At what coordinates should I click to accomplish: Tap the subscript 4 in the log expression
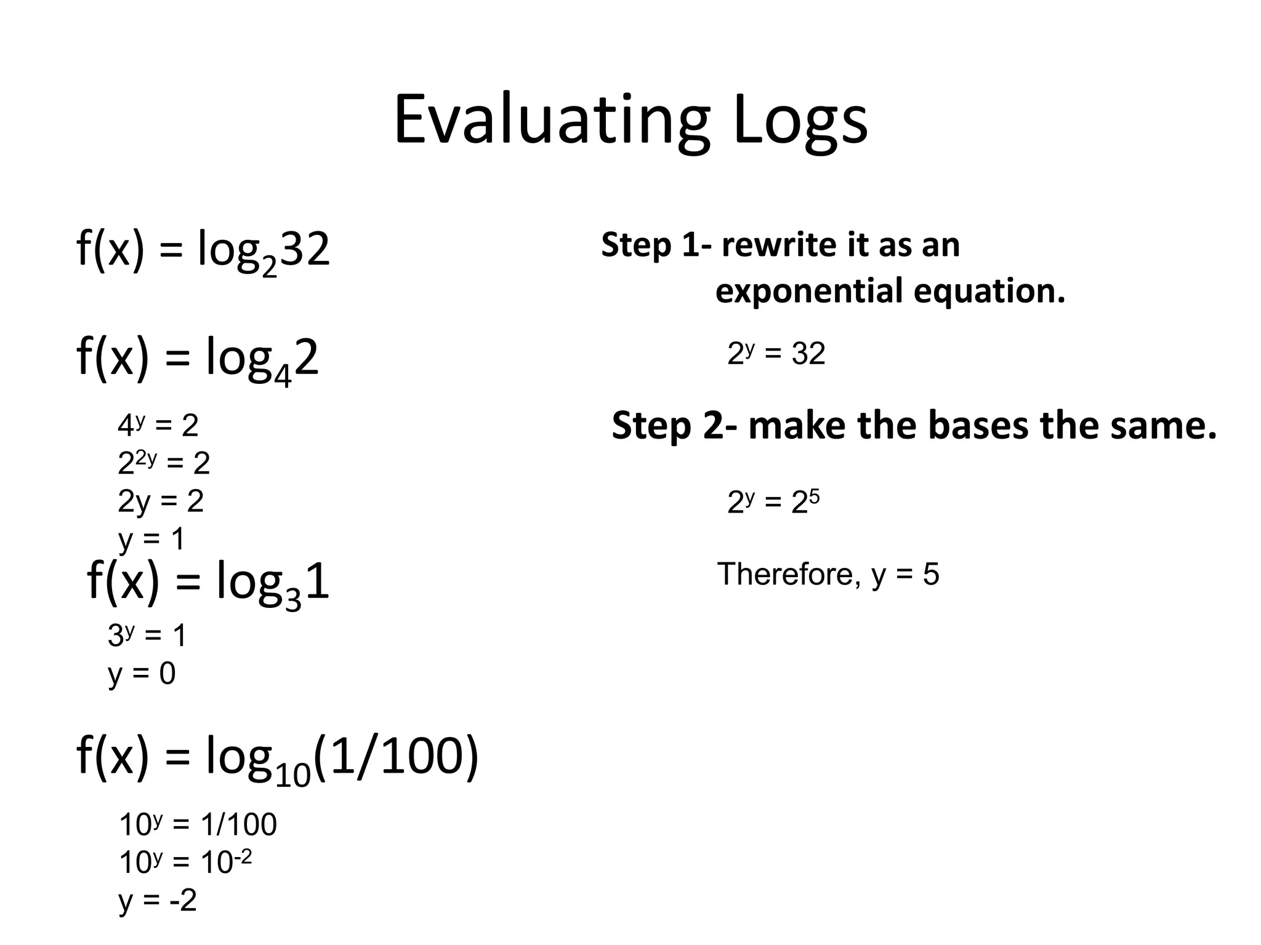(x=282, y=376)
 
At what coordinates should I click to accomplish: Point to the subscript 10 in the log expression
(x=293, y=776)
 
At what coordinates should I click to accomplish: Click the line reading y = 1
(x=151, y=540)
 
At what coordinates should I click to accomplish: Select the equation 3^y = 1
(x=147, y=635)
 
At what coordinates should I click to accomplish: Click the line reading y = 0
(x=142, y=673)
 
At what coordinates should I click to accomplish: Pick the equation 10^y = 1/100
(x=198, y=824)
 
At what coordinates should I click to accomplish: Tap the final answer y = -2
(x=158, y=900)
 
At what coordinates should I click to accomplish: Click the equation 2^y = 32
(x=776, y=354)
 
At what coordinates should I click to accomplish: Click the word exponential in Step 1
(x=809, y=291)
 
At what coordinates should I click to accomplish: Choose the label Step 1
(x=650, y=245)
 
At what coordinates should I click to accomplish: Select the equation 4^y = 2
(x=158, y=426)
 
